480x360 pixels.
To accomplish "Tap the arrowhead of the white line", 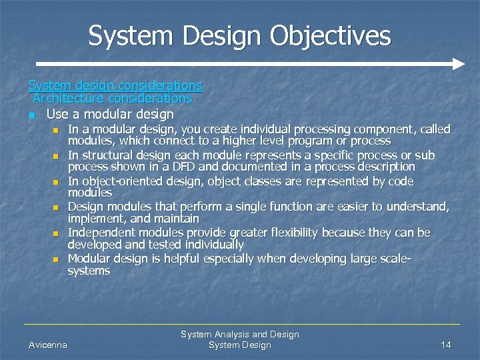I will [x=458, y=64].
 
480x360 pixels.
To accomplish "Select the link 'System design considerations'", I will [x=115, y=85].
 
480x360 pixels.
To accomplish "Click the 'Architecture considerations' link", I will [x=112, y=98].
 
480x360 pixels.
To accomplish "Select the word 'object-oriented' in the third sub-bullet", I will [x=120, y=181].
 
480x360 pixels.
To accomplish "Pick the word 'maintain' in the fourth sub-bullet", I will [x=177, y=219].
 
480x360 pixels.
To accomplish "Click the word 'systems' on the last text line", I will [x=89, y=271].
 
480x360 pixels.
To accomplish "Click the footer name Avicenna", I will [x=48, y=345].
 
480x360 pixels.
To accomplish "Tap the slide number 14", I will [x=446, y=345].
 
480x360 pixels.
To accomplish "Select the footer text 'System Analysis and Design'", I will [x=240, y=334].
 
